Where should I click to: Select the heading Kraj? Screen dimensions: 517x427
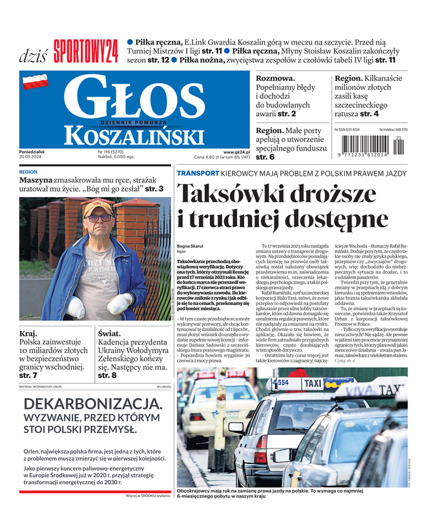(30, 333)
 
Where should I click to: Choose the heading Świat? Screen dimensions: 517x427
(110, 333)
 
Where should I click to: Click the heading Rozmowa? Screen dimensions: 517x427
(275, 78)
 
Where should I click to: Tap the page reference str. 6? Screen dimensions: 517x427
(266, 157)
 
